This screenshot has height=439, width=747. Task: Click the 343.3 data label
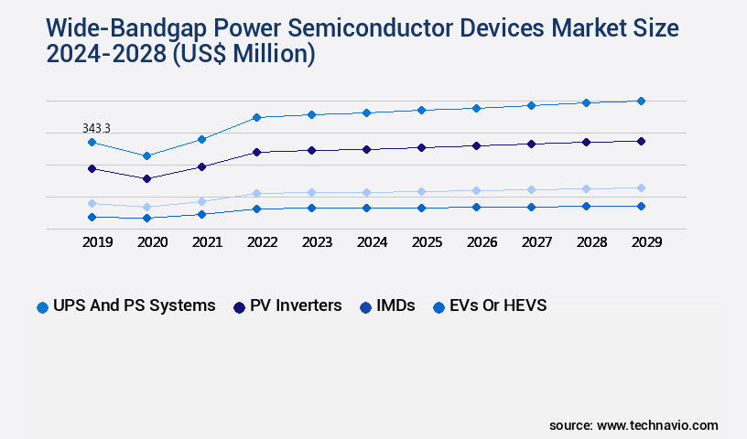[x=95, y=129]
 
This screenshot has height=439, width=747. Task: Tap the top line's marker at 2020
[x=146, y=155]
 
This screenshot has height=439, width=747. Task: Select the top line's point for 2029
[x=641, y=101]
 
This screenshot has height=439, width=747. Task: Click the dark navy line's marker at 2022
[x=256, y=152]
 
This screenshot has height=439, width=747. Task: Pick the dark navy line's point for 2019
[x=92, y=168]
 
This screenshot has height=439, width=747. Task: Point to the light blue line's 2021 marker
[x=201, y=201]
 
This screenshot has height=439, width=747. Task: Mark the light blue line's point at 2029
[x=641, y=187]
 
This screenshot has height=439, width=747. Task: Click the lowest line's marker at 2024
[x=366, y=208]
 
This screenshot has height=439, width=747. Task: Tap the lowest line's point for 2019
[x=92, y=217]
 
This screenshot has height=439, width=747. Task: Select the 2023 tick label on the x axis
[x=317, y=242]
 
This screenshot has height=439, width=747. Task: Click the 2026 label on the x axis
[x=482, y=242]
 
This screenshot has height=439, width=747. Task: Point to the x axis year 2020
[x=152, y=242]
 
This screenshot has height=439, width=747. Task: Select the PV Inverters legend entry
[x=287, y=305]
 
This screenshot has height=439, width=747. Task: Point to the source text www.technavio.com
[x=657, y=425]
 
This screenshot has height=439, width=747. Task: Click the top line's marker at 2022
[x=256, y=117]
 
